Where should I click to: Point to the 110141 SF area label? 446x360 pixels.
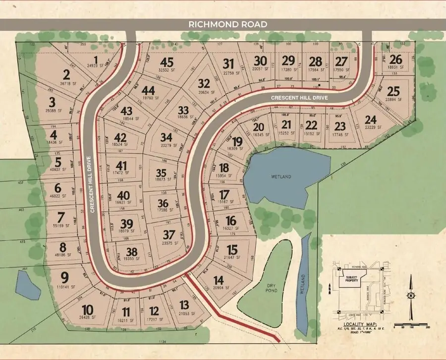63,287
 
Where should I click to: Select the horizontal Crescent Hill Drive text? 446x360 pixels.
300,98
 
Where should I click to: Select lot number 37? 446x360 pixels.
169,234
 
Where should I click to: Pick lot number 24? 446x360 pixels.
371,119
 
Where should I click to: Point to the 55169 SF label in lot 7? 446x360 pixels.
62,226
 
